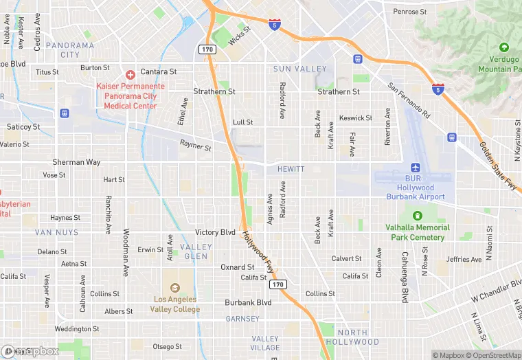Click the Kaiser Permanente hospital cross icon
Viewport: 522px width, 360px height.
coord(130,74)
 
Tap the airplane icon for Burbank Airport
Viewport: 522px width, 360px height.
coord(415,168)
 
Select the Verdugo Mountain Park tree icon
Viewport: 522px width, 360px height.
coord(504,48)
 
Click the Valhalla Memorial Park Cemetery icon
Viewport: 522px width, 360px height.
coord(415,217)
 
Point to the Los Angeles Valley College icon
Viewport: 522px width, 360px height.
coord(174,287)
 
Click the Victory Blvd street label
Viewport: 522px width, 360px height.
coord(215,232)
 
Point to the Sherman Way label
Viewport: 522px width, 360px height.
coord(76,162)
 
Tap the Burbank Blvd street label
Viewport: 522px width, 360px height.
coord(248,302)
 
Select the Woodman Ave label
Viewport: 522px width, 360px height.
coord(126,253)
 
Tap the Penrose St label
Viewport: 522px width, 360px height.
coord(409,12)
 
